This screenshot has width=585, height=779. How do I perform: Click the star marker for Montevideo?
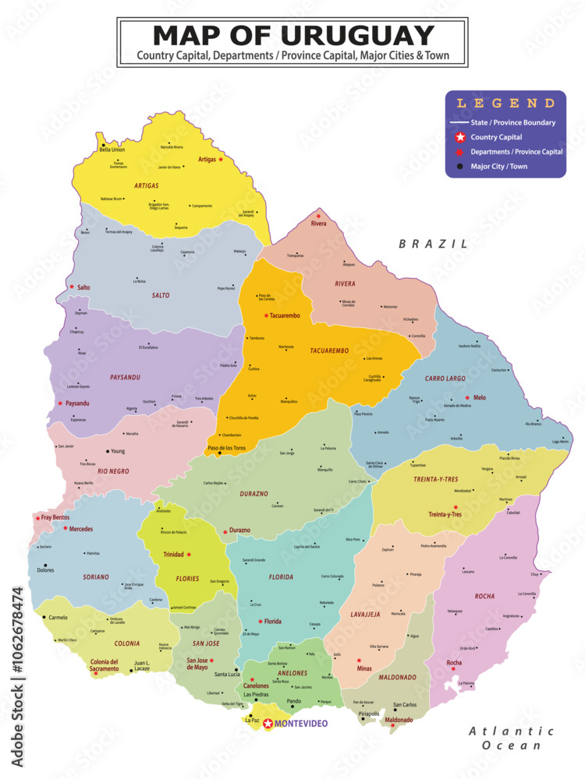268,724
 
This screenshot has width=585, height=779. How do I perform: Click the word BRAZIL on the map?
433,244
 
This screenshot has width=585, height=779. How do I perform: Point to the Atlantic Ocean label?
511,738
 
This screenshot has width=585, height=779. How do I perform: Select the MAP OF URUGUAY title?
292,36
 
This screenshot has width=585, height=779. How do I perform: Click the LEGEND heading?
505,103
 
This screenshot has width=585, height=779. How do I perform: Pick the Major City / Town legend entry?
498,166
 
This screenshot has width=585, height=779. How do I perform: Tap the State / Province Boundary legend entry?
512,122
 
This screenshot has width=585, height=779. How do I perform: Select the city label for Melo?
479,397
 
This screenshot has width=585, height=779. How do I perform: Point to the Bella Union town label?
112,150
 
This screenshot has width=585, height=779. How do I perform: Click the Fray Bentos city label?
57,517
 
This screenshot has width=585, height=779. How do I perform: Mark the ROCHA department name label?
484,596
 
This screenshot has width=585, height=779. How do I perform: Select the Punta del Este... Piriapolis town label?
368,714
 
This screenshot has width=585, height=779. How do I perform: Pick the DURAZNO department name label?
253,494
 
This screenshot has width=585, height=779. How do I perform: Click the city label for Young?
117,451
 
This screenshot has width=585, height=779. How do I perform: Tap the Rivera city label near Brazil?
318,224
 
